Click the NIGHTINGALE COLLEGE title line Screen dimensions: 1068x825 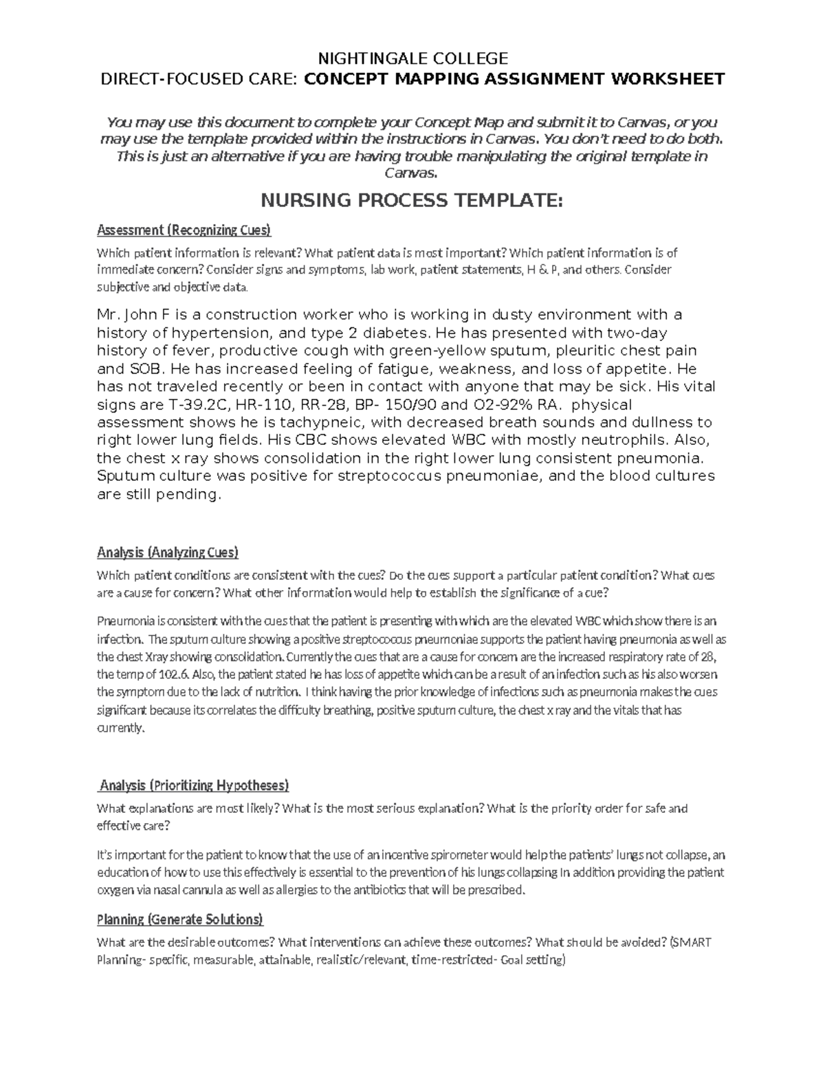[x=412, y=58]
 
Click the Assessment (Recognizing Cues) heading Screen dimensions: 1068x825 [x=184, y=230]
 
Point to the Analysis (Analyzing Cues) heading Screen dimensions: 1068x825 [x=168, y=552]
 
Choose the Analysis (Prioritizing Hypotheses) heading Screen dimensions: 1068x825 [x=195, y=785]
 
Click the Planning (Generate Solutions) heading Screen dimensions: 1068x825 [x=180, y=919]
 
